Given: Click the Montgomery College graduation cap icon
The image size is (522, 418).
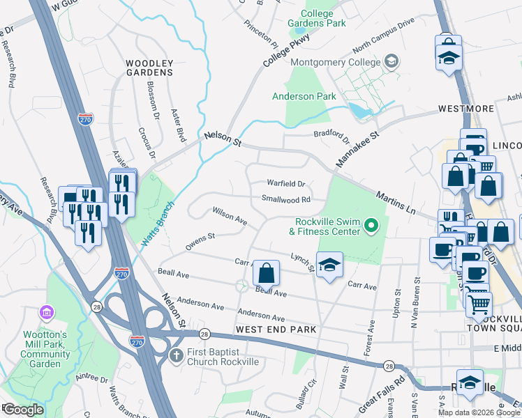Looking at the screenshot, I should tap(391, 62).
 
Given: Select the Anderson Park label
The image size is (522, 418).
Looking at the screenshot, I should tap(304, 96).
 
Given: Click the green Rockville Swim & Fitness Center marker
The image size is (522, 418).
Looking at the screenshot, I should tap(372, 225).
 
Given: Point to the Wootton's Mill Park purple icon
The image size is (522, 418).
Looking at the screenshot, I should tap(47, 310).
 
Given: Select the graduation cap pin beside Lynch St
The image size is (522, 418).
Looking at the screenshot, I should tap(329, 264).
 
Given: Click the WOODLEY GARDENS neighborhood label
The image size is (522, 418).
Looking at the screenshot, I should tap(149, 68).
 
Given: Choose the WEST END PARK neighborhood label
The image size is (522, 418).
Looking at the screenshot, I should tap(276, 329).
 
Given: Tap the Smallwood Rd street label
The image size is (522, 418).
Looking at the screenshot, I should tap(285, 199).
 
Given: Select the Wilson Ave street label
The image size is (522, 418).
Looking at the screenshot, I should tap(230, 216).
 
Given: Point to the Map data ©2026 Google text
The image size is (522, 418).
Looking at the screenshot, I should tap(478, 412).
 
